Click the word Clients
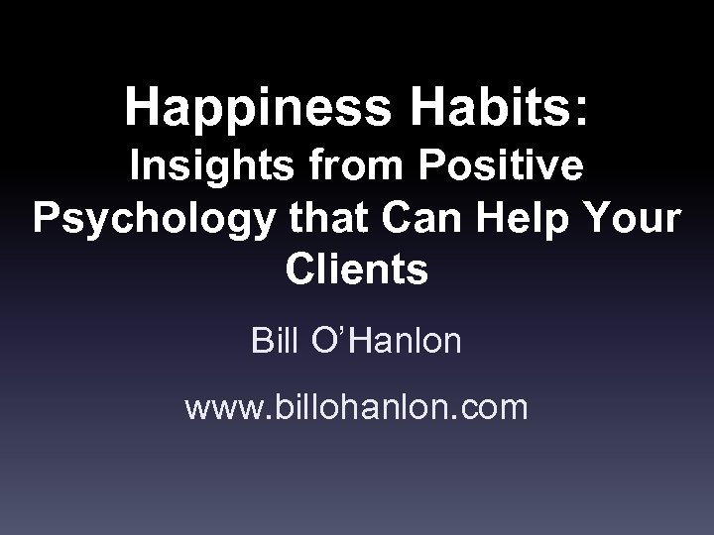click(356, 267)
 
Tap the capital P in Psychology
click(47, 219)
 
